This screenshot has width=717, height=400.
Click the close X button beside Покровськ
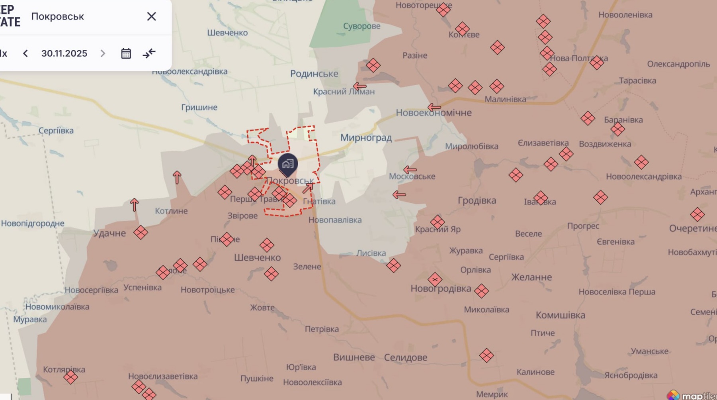pyautogui.click(x=151, y=16)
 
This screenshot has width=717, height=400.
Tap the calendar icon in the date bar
pyautogui.click(x=126, y=53)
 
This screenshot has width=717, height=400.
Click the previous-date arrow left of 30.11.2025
pyautogui.click(x=25, y=53)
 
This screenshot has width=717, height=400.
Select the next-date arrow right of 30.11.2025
pyautogui.click(x=103, y=53)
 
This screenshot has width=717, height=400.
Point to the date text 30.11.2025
pyautogui.click(x=64, y=53)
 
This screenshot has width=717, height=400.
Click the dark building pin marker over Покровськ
pyautogui.click(x=287, y=164)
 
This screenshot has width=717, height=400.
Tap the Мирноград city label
pyautogui.click(x=366, y=138)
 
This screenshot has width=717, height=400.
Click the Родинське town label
pyautogui.click(x=314, y=74)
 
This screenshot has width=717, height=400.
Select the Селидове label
pyautogui.click(x=405, y=357)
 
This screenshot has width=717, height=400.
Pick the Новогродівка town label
pyautogui.click(x=441, y=288)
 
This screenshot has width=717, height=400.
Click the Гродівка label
pyautogui.click(x=477, y=200)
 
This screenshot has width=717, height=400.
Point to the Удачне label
pyautogui.click(x=109, y=233)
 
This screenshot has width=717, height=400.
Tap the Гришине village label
pyautogui.click(x=199, y=107)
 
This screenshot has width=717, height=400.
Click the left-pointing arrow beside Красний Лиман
pyautogui.click(x=359, y=86)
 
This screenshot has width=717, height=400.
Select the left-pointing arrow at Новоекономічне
pyautogui.click(x=434, y=107)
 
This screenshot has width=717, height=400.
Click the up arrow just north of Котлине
pyautogui.click(x=177, y=177)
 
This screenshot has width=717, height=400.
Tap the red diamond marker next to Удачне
pyautogui.click(x=141, y=232)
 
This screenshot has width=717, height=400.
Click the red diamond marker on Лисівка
pyautogui.click(x=393, y=265)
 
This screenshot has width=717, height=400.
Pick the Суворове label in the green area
pyautogui.click(x=361, y=26)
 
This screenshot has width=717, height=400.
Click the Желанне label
pyautogui.click(x=531, y=277)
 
